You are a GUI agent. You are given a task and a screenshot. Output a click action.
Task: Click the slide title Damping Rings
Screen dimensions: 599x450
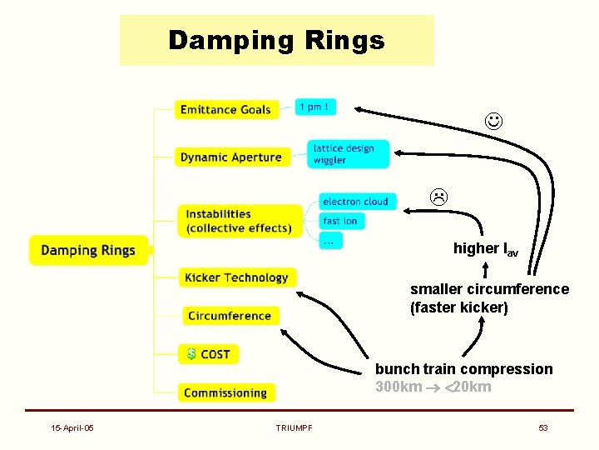click(x=276, y=40)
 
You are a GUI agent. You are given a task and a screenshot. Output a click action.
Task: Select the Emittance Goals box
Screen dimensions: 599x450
click(x=225, y=109)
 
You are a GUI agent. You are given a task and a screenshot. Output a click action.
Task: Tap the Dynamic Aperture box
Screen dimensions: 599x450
click(x=230, y=156)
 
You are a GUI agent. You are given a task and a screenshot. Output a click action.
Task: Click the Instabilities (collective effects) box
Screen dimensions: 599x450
click(x=238, y=221)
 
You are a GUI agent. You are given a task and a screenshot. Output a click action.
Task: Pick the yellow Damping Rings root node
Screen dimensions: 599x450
click(x=88, y=250)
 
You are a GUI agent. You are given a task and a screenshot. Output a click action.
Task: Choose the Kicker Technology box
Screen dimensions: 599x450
click(x=236, y=277)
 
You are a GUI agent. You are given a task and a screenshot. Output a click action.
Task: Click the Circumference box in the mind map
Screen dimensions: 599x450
click(x=230, y=316)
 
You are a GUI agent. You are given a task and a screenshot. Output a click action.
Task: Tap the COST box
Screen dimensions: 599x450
click(x=208, y=354)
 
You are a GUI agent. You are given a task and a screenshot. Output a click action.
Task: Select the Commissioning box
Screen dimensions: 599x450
click(x=225, y=392)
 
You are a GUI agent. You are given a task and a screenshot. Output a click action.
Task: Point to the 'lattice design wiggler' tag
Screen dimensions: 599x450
click(x=344, y=153)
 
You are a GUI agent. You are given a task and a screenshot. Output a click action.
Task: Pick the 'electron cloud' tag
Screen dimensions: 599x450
click(x=355, y=201)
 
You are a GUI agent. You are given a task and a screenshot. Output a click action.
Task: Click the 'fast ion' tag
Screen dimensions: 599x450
click(x=340, y=221)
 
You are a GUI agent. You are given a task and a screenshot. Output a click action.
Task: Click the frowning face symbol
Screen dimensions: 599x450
click(x=438, y=197)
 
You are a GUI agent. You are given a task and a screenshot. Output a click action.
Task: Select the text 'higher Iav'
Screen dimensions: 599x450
click(x=485, y=249)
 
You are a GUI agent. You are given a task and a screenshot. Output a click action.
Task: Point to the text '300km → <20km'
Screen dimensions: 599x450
click(x=433, y=387)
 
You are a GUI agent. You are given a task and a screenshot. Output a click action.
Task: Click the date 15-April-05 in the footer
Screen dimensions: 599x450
click(x=72, y=427)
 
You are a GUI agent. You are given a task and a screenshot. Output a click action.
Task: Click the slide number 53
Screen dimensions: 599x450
click(x=543, y=427)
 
